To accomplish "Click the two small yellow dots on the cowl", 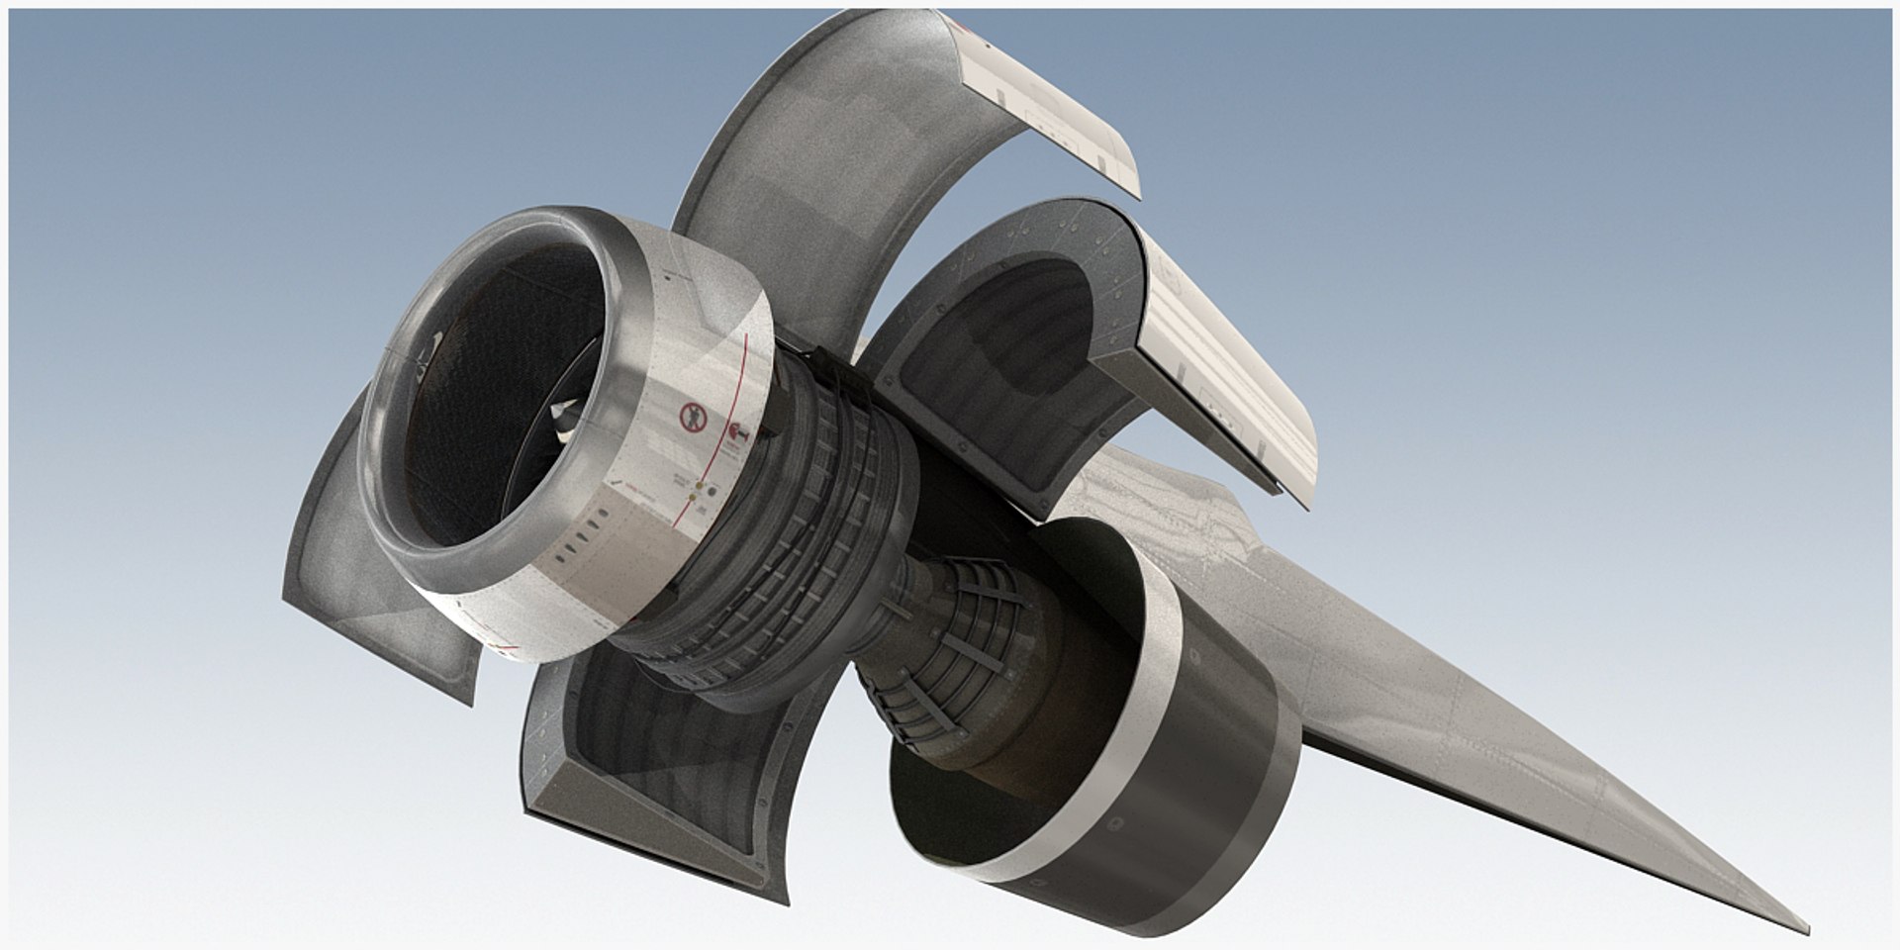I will click(x=700, y=492).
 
